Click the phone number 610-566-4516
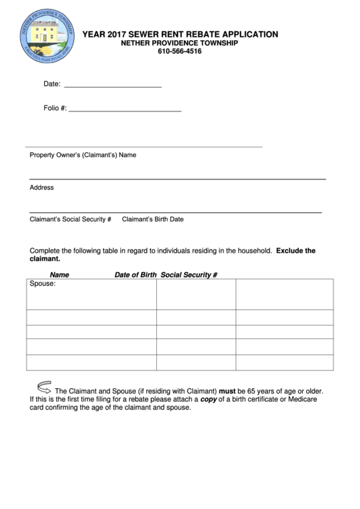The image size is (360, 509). point(179,52)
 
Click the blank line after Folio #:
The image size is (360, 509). point(125,109)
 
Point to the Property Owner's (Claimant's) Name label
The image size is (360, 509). point(83,155)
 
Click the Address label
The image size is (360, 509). point(41,188)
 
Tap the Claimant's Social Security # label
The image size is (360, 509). point(70,220)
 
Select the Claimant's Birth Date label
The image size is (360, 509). point(152,220)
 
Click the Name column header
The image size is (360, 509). point(60,275)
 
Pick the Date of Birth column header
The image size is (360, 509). point(135,275)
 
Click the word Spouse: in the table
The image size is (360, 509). point(43,284)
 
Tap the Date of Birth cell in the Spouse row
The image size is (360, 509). point(196,294)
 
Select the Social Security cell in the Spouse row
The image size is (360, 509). point(284,294)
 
